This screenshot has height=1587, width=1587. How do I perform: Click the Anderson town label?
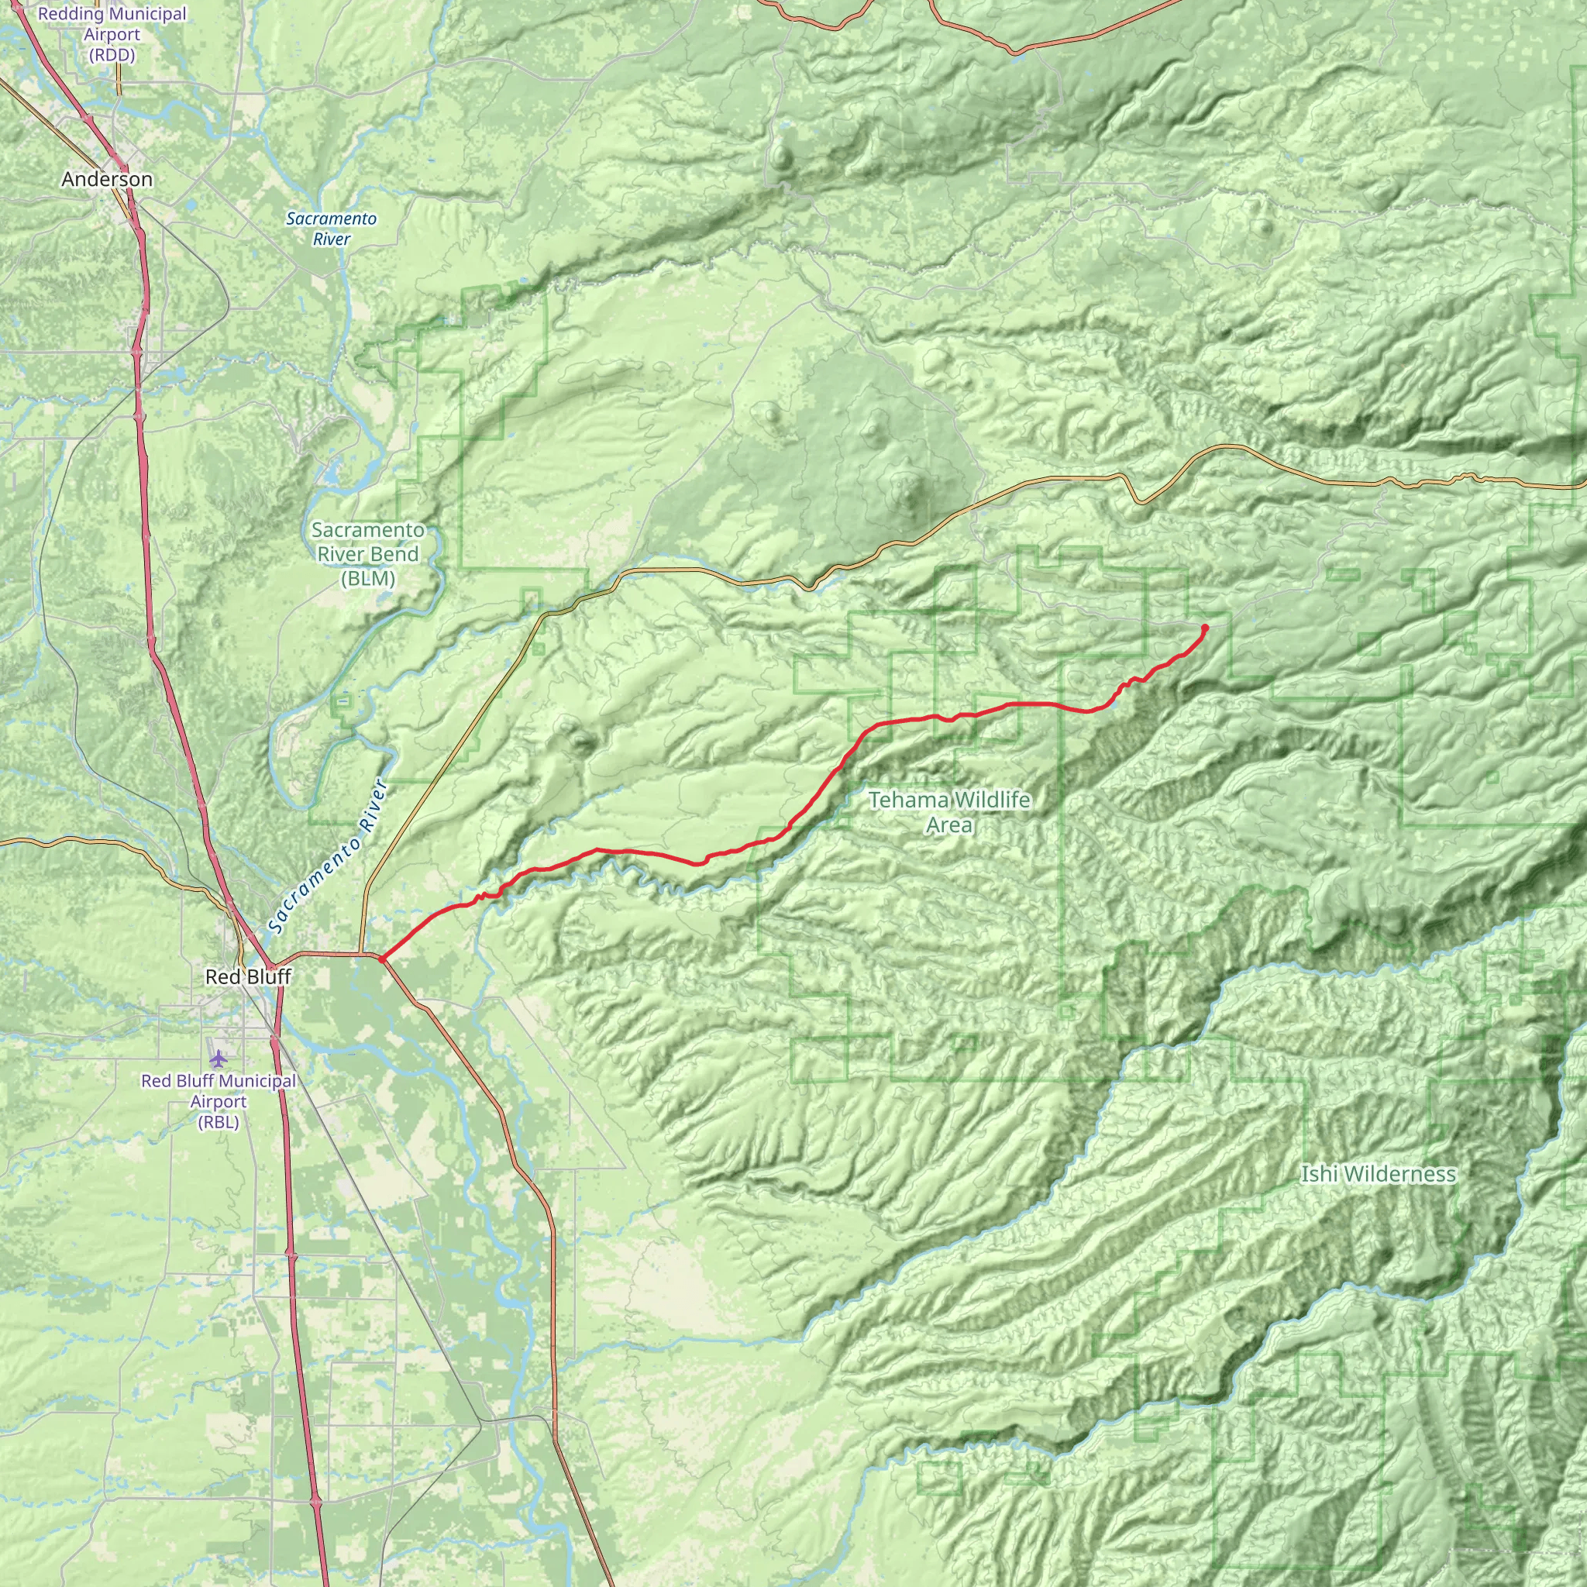(x=107, y=179)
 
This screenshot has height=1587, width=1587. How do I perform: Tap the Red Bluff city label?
(x=247, y=976)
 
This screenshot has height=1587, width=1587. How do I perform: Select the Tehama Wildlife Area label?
(x=948, y=811)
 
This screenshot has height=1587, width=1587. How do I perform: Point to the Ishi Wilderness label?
(x=1378, y=1175)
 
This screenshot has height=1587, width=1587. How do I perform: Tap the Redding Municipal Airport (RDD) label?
(x=112, y=35)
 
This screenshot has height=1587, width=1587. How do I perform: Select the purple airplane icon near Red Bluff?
(x=218, y=1059)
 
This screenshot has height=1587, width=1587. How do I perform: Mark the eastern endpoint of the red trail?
(x=1205, y=628)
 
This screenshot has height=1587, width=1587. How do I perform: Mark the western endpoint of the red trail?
(x=382, y=958)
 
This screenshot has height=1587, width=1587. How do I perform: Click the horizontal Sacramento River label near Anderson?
(x=331, y=229)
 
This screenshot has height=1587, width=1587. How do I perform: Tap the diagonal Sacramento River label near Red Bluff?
(x=326, y=856)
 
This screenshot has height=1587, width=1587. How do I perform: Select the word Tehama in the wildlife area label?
(x=898, y=799)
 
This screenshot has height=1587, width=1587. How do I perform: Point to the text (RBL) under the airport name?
(x=218, y=1122)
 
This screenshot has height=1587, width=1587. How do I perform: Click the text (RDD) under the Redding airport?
(x=112, y=55)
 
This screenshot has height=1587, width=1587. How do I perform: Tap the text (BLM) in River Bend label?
(x=368, y=578)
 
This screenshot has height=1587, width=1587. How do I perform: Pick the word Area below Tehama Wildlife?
(x=948, y=824)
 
